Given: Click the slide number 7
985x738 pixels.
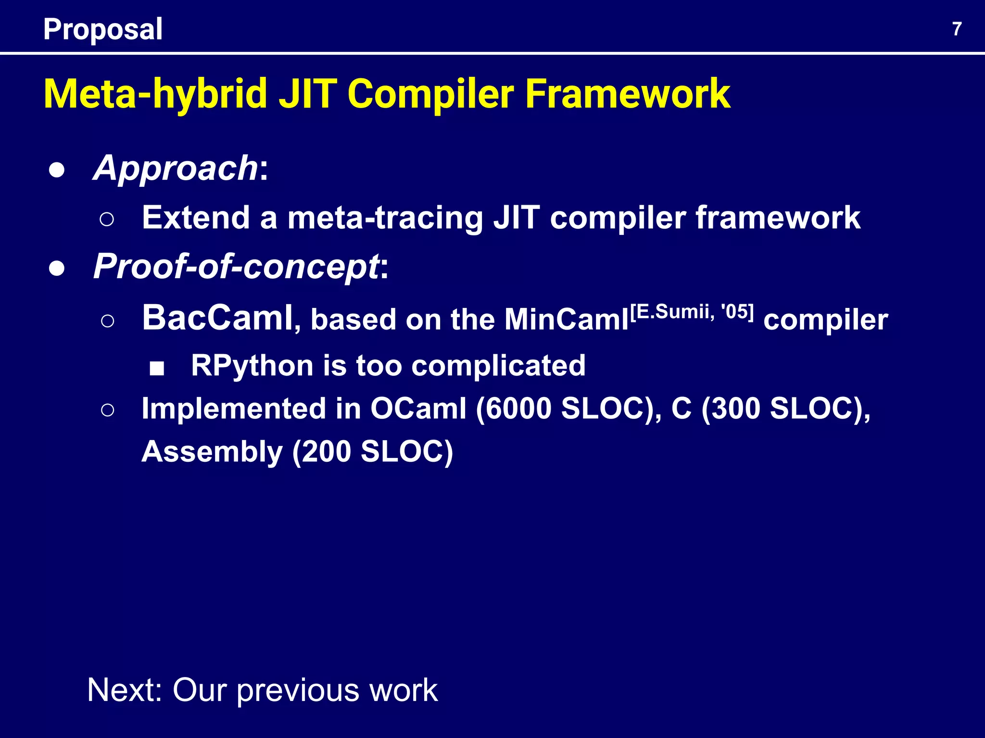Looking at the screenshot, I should point(957,29).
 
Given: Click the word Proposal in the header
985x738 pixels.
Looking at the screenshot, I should point(103,29).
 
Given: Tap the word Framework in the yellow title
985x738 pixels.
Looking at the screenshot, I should point(628,94).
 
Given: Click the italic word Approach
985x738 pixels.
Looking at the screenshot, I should point(176,168).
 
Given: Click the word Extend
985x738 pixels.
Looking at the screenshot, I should point(195,218).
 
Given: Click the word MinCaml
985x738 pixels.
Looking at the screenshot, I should point(566,320).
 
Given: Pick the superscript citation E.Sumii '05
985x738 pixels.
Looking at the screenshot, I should point(692,312).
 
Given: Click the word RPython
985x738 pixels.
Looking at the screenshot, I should point(252,366).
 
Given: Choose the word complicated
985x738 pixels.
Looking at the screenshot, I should point(498,366).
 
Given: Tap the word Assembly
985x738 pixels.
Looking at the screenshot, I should point(212,452).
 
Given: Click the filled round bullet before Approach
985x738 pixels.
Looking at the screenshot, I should point(57,171).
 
